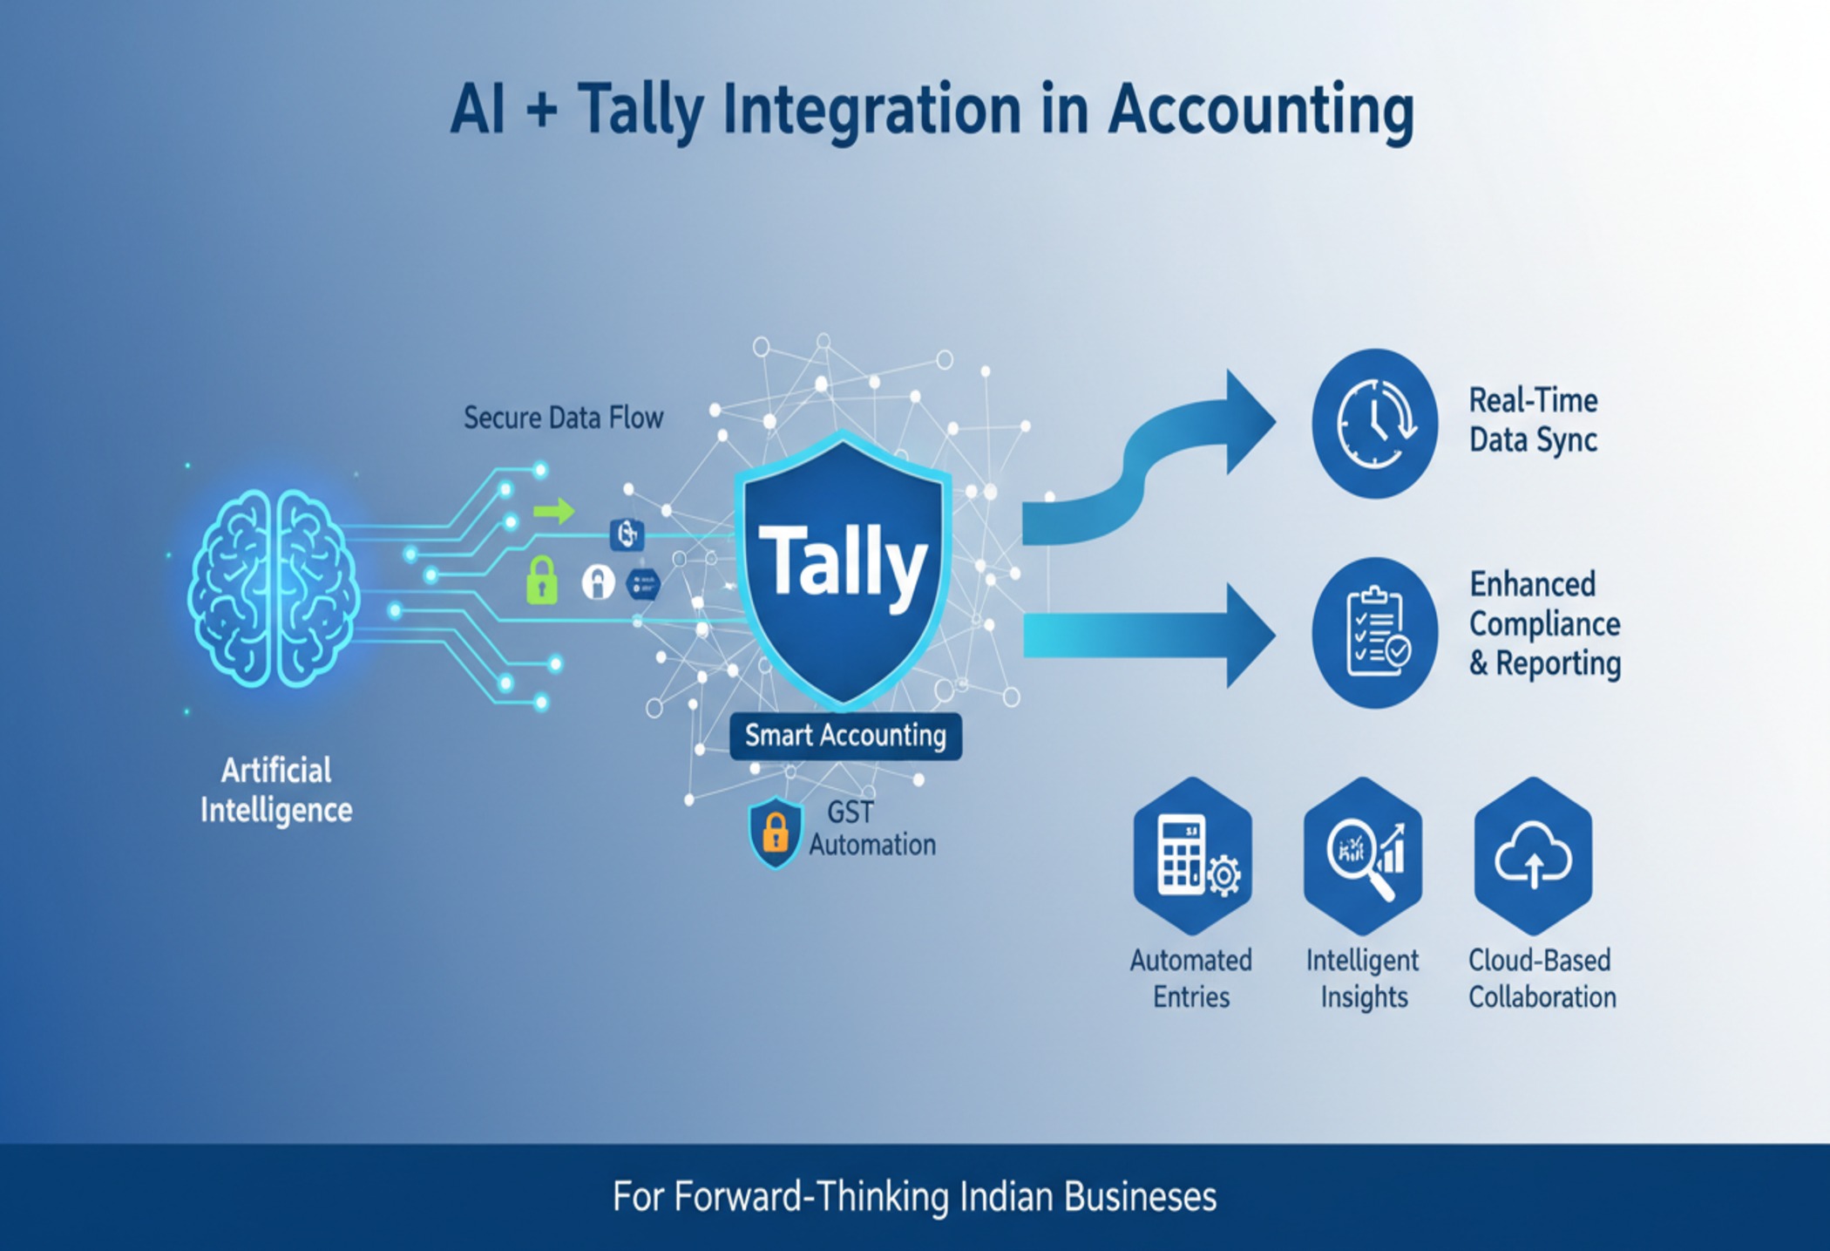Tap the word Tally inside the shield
(x=843, y=563)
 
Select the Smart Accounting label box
(x=845, y=736)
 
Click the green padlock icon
(x=541, y=580)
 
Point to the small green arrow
(x=553, y=511)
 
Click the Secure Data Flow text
(x=563, y=418)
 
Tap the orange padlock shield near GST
(x=775, y=832)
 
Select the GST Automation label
(x=871, y=828)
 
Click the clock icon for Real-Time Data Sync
(x=1374, y=424)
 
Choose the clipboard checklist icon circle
(x=1374, y=633)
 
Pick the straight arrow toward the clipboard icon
(x=1150, y=635)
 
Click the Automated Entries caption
(x=1191, y=978)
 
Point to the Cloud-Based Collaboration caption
(x=1542, y=978)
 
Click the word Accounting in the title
(x=1260, y=111)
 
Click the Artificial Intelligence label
(x=276, y=790)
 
